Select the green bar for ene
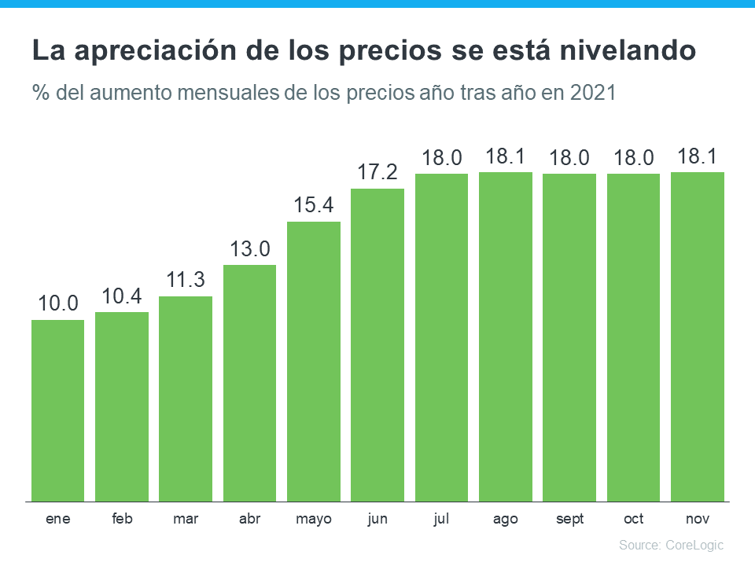pos(57,410)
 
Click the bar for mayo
pos(314,362)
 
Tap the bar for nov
pos(698,336)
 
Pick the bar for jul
pos(441,337)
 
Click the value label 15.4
pos(314,206)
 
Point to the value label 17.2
pos(377,172)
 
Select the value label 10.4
pos(122,296)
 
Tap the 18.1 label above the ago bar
pos(506,156)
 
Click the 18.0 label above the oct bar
pos(633,158)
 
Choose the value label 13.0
pos(250,249)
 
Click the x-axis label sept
pos(569,519)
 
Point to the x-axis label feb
pos(122,519)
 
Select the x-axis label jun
pos(377,519)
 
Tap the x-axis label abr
pos(250,519)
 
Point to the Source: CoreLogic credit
pos(671,545)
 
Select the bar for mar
pos(186,399)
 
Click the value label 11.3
pos(186,281)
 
